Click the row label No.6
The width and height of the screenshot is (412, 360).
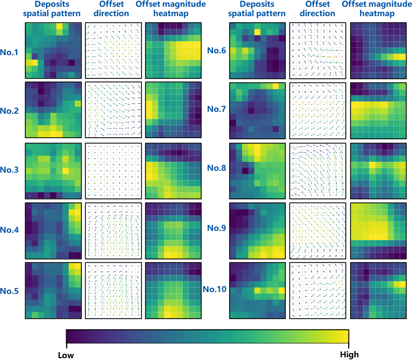pos(217,50)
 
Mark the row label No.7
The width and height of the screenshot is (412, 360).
pos(217,109)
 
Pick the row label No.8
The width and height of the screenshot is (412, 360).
pos(217,168)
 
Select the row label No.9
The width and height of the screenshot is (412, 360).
pos(217,228)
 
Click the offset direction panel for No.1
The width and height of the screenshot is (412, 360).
pos(113,51)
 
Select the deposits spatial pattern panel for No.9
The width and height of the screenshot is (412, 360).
pos(257,230)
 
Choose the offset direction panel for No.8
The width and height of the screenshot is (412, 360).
pos(318,171)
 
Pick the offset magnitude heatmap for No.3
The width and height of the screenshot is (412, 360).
pos(173,170)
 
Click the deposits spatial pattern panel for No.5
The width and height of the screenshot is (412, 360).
pos(53,291)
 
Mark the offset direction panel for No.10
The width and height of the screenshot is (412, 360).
pos(318,291)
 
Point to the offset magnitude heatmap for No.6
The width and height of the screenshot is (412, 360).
pos(378,51)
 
